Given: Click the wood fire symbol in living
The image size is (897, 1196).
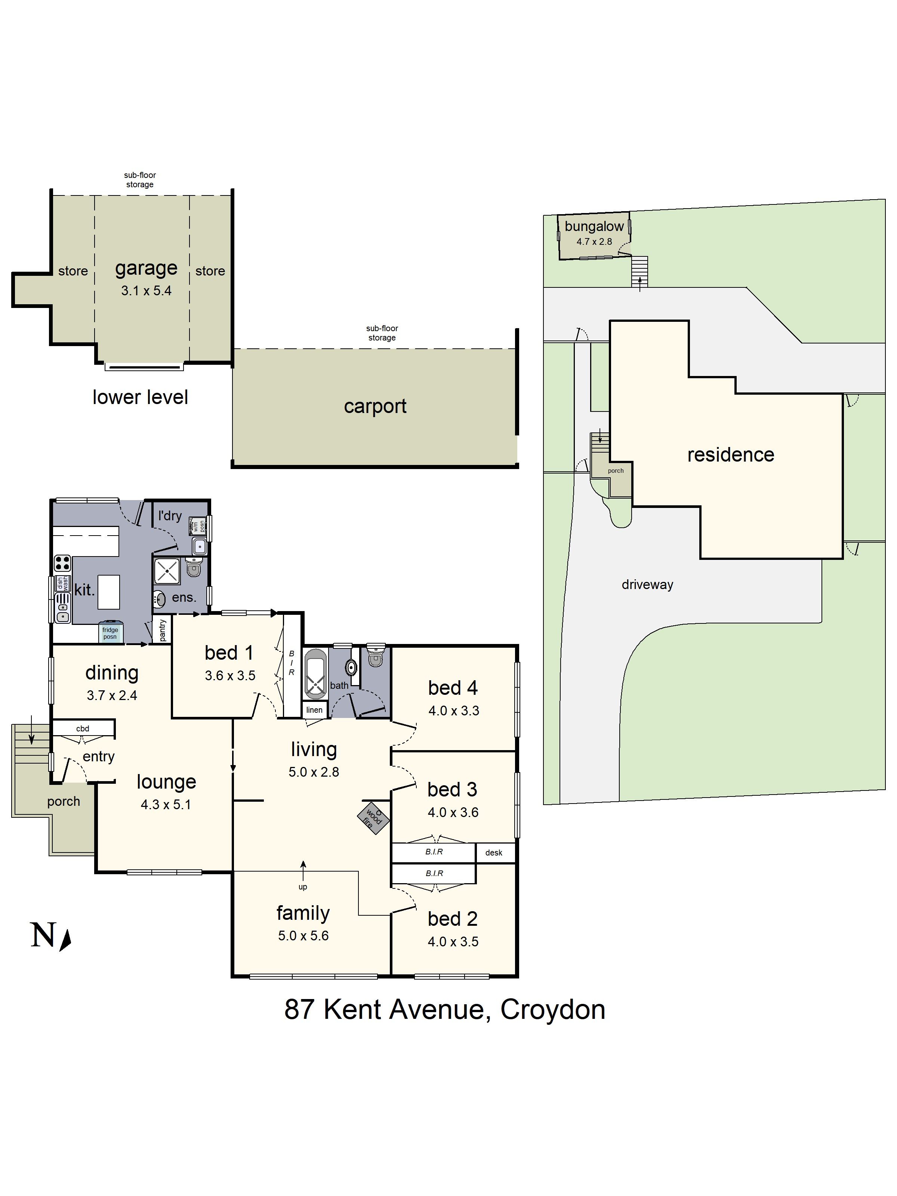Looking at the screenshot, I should (373, 819).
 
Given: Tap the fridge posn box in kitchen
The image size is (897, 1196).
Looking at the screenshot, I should (110, 633).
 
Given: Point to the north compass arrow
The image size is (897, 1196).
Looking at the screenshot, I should (65, 940).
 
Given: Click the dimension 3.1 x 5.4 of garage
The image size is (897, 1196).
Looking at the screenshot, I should (146, 291).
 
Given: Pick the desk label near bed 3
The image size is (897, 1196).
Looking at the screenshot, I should (494, 853).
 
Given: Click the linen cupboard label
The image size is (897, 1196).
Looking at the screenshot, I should (314, 710).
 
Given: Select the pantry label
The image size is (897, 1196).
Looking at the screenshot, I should (163, 631).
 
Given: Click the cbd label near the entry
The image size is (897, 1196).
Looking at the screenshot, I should (83, 728).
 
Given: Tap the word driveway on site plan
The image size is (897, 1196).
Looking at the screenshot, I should (647, 585).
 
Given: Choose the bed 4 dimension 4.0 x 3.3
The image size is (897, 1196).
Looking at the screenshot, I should (454, 710).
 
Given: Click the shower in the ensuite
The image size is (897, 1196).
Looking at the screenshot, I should (167, 571).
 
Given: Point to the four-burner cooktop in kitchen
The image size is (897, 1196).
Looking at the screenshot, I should (62, 563).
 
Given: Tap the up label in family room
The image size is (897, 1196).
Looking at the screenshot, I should (303, 887).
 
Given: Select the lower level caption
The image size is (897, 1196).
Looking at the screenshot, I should (140, 397).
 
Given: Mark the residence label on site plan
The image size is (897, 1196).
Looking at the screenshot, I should (730, 455).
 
